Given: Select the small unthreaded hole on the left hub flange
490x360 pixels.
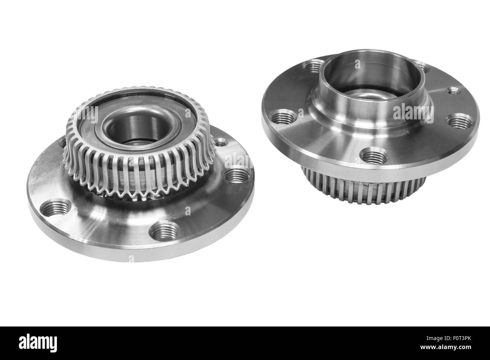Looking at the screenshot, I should tap(222, 143).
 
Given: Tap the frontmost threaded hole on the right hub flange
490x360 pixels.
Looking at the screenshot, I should tap(372, 155).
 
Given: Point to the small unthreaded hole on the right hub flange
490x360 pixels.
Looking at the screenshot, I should tap(455, 90).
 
